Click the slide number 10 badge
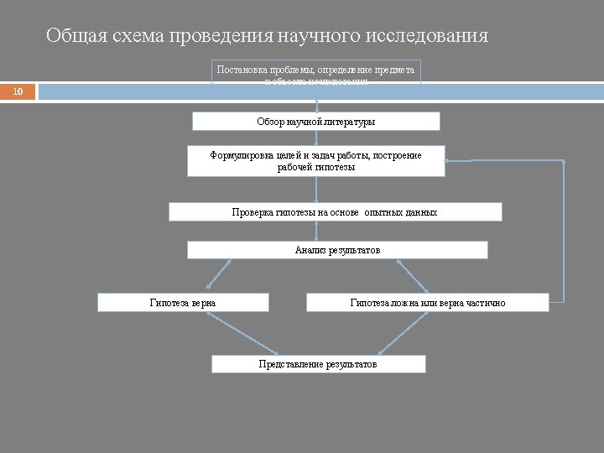point(18,91)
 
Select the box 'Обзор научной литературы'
point(316,122)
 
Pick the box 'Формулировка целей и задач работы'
point(316,161)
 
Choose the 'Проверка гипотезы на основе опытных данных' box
point(335,212)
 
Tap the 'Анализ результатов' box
point(337,250)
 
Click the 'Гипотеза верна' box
point(183,302)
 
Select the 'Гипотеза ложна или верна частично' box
point(427,302)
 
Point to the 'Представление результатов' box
point(318,364)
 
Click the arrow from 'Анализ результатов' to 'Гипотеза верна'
point(208,275)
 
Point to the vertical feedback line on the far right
point(564,231)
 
